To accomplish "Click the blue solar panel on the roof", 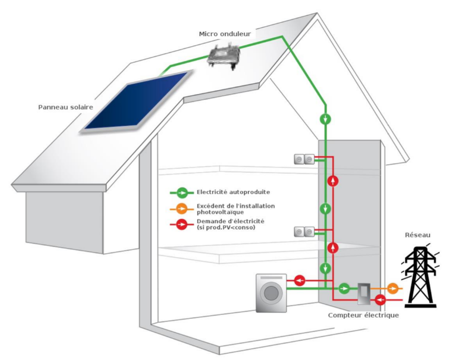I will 136,101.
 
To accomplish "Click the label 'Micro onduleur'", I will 225,34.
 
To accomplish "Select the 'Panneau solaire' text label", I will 66,107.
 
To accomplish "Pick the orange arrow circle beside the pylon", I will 393,288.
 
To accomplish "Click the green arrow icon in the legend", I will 182,193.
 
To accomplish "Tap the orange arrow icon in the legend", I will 182,209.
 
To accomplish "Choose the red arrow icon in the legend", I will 182,224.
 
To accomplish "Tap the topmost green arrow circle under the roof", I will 326,119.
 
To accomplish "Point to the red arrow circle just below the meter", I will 381,300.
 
